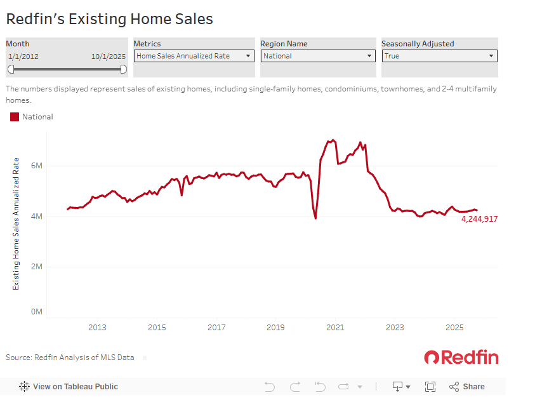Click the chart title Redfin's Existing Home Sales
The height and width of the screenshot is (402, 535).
(109, 19)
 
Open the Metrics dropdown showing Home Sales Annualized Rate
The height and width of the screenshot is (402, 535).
(193, 56)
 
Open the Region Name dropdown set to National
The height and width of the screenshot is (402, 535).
(318, 56)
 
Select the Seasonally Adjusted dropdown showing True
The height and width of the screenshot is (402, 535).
(439, 56)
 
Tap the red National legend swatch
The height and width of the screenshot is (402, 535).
(15, 117)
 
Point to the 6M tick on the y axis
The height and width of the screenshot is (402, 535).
(36, 166)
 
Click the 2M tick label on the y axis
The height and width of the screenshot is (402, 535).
(36, 267)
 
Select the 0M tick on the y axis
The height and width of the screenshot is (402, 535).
(36, 312)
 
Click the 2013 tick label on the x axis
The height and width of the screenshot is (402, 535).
(97, 328)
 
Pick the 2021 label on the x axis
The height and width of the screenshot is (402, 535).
(335, 328)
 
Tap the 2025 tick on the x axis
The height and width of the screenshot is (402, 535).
(454, 328)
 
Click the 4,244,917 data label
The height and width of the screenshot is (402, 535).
(479, 219)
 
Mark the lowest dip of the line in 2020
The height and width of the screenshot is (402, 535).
(315, 218)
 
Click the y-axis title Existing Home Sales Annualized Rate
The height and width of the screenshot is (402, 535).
(17, 224)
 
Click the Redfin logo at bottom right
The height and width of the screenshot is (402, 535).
(461, 358)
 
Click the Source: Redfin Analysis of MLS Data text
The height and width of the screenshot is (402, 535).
(70, 358)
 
